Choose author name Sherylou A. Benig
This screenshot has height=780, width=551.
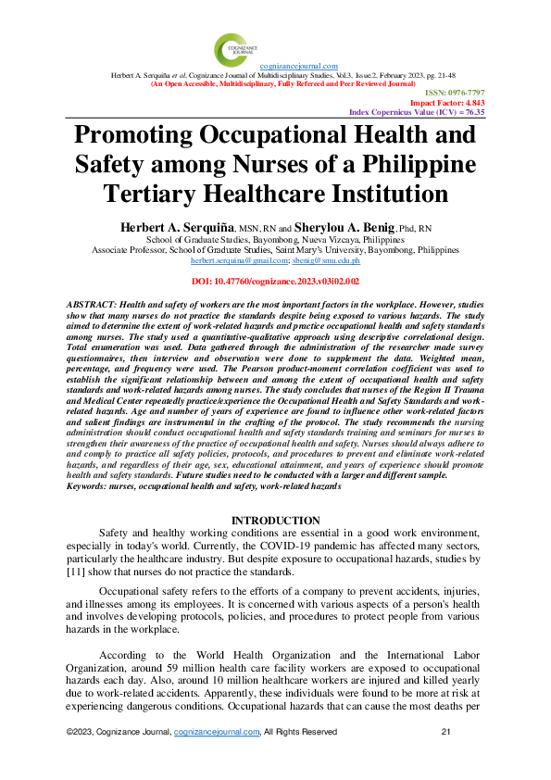(x=345, y=226)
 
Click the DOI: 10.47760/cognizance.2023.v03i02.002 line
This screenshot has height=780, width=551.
(x=275, y=280)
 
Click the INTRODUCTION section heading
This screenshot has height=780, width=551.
(x=275, y=521)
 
